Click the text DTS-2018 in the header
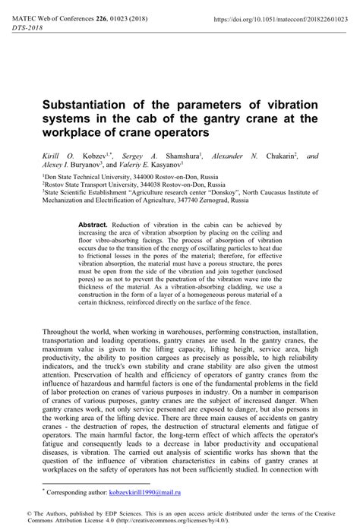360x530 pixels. [x=27, y=27]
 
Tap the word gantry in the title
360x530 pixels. [x=226, y=118]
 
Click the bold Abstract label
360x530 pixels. [x=93, y=226]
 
